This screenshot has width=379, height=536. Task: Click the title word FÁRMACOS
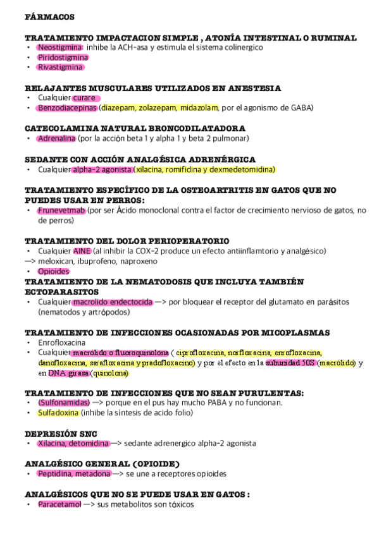pos(49,16)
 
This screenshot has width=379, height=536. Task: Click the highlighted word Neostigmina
pos(60,47)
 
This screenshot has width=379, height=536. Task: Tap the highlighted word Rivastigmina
pos(60,66)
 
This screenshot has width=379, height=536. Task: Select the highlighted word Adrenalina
pos(56,138)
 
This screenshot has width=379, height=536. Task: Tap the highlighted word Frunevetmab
pos(61,210)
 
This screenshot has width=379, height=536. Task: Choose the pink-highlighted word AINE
pos(82,251)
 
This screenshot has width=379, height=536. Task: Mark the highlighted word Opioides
pos(53,271)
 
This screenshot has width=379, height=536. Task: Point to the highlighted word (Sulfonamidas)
pos(63,403)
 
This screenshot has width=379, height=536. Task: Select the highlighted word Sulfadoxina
pos(58,413)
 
